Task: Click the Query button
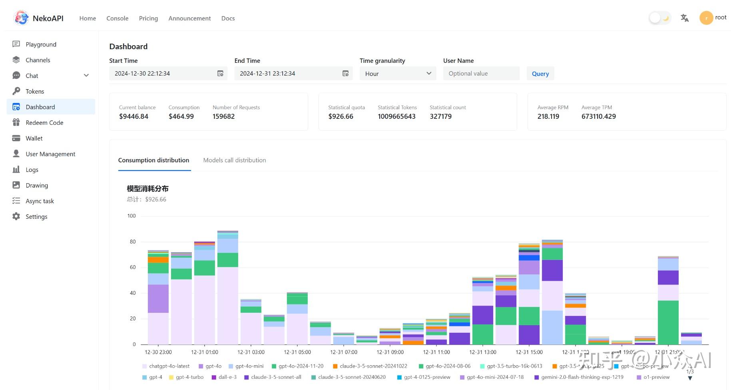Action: tap(540, 74)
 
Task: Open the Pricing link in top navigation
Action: tap(148, 18)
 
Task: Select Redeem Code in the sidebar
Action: tap(44, 123)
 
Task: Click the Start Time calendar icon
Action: tap(220, 74)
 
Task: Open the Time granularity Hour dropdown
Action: tap(398, 74)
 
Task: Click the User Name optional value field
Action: tap(481, 74)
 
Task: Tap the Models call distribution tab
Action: tap(234, 160)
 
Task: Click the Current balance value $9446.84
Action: tap(133, 116)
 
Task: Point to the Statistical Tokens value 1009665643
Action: tap(396, 116)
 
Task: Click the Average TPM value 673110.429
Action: tap(598, 116)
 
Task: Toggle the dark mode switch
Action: tap(659, 18)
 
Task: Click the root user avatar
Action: tap(706, 18)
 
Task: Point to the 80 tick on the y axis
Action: tap(132, 242)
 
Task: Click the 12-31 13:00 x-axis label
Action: tap(482, 352)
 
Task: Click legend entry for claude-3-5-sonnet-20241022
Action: tap(373, 366)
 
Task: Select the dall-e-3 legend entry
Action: tap(227, 377)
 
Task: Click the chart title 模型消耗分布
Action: tap(147, 188)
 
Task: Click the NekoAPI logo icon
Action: tap(21, 18)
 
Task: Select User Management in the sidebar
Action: tap(50, 154)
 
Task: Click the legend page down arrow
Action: tap(690, 378)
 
